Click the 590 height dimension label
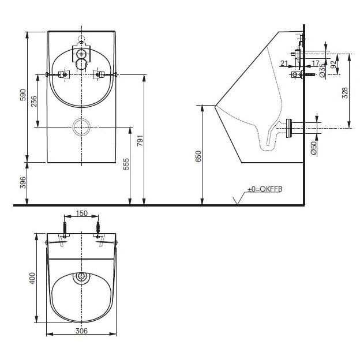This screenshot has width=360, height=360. point(23,95)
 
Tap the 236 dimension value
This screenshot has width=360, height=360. point(33,102)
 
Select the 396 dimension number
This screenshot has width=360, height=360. point(22,182)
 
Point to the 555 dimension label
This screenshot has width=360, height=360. point(126,164)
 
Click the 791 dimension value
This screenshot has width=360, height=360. point(140,141)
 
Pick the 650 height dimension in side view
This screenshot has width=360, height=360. point(198,156)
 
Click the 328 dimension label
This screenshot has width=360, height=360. point(345,93)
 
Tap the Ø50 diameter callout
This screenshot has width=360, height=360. point(313,148)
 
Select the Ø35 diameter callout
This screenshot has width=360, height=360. point(322,70)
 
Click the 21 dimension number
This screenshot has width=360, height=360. point(284,63)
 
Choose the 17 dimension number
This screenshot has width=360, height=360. point(316,63)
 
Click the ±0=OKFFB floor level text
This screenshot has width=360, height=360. point(265,189)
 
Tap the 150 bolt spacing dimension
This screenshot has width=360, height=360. point(82,213)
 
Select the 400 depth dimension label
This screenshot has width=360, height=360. point(32,278)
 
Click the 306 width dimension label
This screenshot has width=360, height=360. point(81,331)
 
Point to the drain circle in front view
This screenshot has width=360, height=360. point(81,127)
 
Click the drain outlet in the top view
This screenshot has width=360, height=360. point(81,277)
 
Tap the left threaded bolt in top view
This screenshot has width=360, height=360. point(65,230)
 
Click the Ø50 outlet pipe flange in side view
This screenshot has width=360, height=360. point(289,128)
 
